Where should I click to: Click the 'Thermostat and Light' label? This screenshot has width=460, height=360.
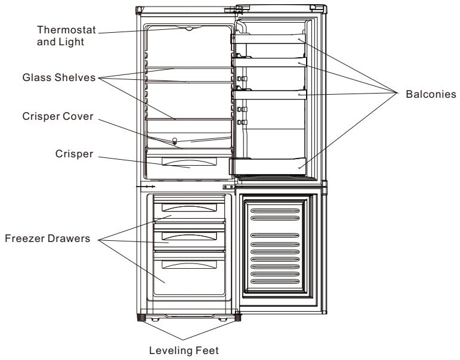pyautogui.click(x=66, y=36)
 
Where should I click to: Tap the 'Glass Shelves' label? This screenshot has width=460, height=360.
pyautogui.click(x=59, y=77)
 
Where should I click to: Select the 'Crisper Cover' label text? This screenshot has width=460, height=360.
pyautogui.click(x=58, y=116)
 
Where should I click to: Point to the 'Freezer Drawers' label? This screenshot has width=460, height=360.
pyautogui.click(x=48, y=238)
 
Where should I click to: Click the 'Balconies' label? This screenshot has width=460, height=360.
pyautogui.click(x=431, y=94)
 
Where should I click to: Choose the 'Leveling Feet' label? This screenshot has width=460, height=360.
pyautogui.click(x=184, y=350)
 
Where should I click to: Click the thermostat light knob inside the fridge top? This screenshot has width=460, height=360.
pyautogui.click(x=189, y=29)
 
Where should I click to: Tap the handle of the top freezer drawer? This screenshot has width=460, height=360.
pyautogui.click(x=189, y=207)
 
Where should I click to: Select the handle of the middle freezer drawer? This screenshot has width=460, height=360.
pyautogui.click(x=189, y=235)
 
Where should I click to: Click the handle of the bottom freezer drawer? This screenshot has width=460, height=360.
pyautogui.click(x=189, y=265)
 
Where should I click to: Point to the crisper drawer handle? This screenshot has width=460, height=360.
pyautogui.click(x=189, y=162)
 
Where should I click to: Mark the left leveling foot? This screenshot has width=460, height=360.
pyautogui.click(x=141, y=318)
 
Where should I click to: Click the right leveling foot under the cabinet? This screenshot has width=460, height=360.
pyautogui.click(x=237, y=318)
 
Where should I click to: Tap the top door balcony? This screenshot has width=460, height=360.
pyautogui.click(x=268, y=39)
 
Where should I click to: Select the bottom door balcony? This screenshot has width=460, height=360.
pyautogui.click(x=267, y=166)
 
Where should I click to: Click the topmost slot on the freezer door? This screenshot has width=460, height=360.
pyautogui.click(x=275, y=211)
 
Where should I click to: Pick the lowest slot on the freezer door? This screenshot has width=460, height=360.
pyautogui.click(x=275, y=282)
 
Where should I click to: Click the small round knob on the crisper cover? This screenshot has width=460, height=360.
pyautogui.click(x=175, y=141)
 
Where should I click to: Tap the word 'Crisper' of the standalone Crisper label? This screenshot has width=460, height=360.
pyautogui.click(x=74, y=154)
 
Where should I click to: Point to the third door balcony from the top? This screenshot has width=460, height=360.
pyautogui.click(x=269, y=94)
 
